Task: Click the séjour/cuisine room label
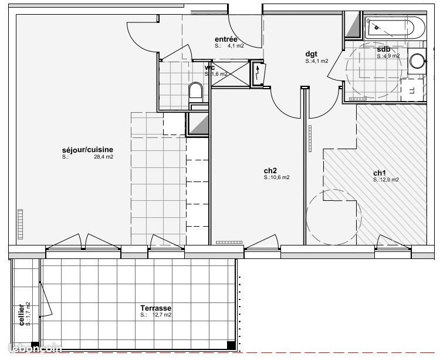(87, 150)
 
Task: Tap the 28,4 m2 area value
(103, 157)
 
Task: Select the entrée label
(225, 39)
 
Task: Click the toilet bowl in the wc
(195, 91)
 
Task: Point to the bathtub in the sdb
(394, 28)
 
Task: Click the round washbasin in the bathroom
(417, 62)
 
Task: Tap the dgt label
(311, 53)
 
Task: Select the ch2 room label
(270, 170)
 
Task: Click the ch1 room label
(380, 173)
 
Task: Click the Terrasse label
(155, 308)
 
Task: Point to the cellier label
(22, 315)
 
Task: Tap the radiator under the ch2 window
(229, 242)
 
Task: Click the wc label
(209, 68)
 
